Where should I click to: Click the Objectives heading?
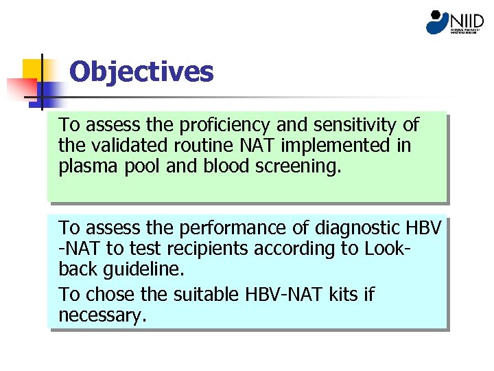[x=141, y=71]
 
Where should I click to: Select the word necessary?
[x=102, y=315]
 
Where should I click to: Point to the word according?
[x=302, y=248]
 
